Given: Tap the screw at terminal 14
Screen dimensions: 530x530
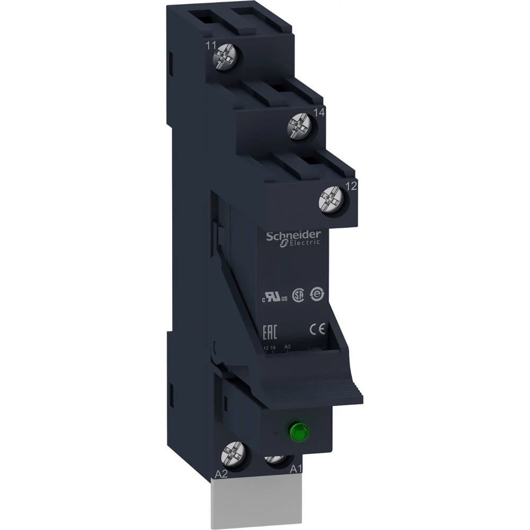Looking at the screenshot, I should pyautogui.click(x=297, y=126).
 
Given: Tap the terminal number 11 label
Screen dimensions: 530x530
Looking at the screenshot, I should pyautogui.click(x=211, y=47).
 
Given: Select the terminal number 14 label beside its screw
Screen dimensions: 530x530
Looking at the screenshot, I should pyautogui.click(x=319, y=112).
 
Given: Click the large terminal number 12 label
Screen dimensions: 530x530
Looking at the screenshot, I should pyautogui.click(x=351, y=186).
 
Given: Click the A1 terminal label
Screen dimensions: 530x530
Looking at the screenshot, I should pyautogui.click(x=296, y=469).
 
